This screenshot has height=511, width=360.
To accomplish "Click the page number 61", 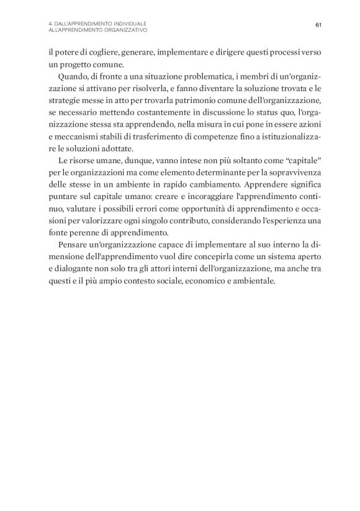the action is (318, 25).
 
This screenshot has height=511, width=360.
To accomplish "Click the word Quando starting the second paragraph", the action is (73, 76).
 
